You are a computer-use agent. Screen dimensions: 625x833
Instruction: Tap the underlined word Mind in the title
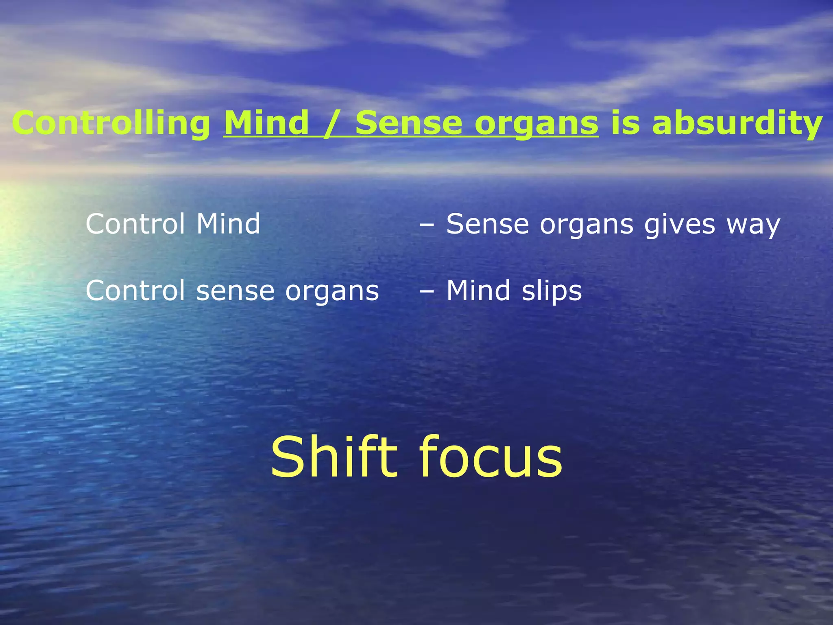(x=266, y=123)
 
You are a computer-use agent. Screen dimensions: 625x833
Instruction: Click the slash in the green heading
(x=331, y=123)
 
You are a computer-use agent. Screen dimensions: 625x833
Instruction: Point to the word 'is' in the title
(x=625, y=123)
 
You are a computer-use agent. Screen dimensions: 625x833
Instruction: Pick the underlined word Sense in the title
(x=409, y=123)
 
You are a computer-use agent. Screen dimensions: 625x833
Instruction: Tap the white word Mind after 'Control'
(x=228, y=224)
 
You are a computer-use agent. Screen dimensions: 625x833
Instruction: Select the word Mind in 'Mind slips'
(x=478, y=291)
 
